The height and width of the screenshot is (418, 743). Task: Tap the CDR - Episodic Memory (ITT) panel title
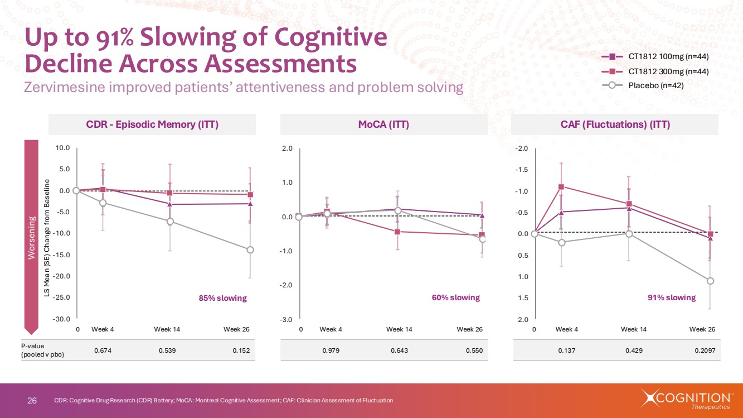152,124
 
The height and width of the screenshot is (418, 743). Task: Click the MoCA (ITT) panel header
383,124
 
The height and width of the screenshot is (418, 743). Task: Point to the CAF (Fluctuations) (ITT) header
615,124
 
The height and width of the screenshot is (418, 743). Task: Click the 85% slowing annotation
222,298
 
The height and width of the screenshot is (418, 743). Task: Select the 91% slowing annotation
672,297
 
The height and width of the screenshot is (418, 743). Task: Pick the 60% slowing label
455,297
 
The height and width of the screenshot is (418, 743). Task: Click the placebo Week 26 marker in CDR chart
250,250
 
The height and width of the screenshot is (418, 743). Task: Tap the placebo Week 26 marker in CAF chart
710,281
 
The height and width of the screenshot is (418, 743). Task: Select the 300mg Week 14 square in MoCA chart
397,232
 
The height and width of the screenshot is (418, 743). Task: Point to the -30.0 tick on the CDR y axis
61,319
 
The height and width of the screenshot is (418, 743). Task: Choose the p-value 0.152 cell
242,350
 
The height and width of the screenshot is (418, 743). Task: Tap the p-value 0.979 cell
331,350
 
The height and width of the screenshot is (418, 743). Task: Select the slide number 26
32,400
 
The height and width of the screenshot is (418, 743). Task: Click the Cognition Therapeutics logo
686,400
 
